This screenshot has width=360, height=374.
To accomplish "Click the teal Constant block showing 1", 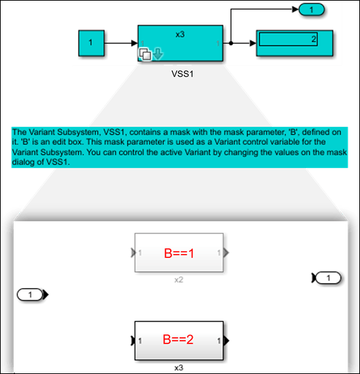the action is click(92, 43).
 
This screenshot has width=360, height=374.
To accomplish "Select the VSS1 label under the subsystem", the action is click(182, 74).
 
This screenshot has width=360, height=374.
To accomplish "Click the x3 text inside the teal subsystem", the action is click(180, 35).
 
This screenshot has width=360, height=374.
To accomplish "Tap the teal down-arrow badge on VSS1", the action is click(158, 54).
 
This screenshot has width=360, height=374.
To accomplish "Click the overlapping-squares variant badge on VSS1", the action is click(145, 54).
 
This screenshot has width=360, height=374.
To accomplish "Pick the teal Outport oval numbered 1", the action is click(311, 10).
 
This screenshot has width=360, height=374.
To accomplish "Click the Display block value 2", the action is click(314, 39).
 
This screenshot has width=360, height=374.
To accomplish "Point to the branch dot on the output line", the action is click(231, 43).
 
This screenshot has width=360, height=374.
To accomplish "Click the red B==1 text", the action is click(179, 253).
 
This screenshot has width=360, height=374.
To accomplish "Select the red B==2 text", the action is click(178, 339).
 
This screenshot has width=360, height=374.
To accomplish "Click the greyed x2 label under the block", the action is click(178, 280).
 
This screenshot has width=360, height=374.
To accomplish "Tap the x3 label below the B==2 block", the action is click(179, 368).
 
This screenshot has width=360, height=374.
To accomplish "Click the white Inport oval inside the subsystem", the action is click(30, 295).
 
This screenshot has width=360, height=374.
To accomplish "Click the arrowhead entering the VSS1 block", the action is click(135, 43).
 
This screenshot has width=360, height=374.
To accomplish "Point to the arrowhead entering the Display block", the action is click(253, 43).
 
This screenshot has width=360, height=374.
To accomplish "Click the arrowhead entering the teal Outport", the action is click(296, 10).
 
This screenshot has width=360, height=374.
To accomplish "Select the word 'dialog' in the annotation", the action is click(23, 162).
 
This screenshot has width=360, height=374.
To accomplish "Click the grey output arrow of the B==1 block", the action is click(226, 253).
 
